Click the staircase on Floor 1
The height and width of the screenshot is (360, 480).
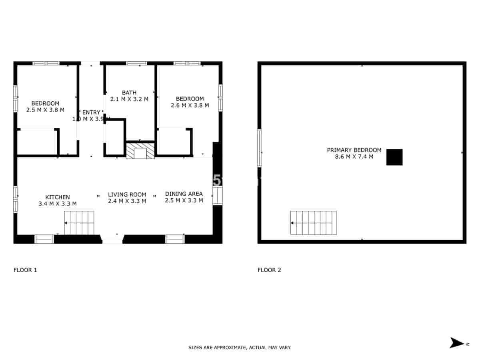79,222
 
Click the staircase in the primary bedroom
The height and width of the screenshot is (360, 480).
313,223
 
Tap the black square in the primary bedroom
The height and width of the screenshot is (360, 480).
394,157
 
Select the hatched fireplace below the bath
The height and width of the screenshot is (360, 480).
140,151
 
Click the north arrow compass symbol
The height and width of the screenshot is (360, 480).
456,343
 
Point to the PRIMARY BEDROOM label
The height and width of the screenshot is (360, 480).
354,150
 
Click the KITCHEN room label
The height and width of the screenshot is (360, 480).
58,197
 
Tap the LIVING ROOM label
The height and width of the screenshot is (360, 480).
127,195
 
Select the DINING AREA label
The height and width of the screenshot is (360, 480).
184,194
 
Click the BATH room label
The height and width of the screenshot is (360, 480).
129,93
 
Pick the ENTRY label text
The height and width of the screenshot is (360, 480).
91,112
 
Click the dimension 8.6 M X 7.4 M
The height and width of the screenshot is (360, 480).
354,157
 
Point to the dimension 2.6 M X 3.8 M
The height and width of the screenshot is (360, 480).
190,106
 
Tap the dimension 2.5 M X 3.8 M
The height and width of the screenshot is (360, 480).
45,110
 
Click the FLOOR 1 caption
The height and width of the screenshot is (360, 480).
25,270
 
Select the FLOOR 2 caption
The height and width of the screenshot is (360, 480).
269,270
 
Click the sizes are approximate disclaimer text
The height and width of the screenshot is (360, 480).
240,348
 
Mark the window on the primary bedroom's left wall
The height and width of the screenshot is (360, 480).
260,148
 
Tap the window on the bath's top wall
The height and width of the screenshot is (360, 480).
137,63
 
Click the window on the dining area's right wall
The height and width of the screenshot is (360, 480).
217,196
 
